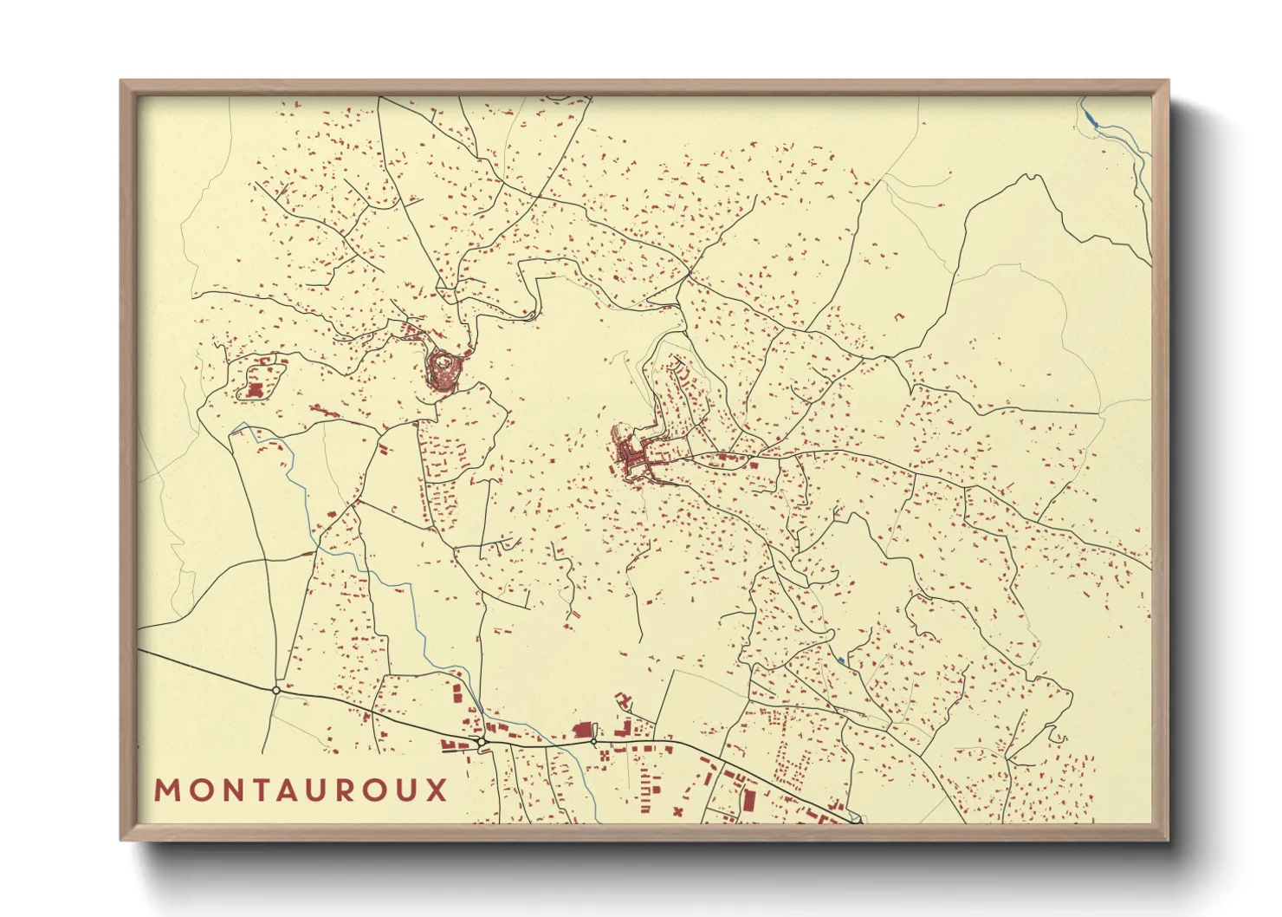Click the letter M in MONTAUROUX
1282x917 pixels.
coord(167,790)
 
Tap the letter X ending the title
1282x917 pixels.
coord(437,790)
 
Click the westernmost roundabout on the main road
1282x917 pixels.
coord(275,690)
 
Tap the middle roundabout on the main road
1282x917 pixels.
coord(481,742)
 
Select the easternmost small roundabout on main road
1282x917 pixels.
coord(593,741)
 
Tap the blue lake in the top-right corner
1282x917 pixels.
coord(1091,117)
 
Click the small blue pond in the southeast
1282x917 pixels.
coord(841,661)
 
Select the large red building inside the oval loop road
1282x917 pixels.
coord(255,391)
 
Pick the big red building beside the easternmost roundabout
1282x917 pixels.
coord(582,730)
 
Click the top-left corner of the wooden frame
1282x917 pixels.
coord(121,81)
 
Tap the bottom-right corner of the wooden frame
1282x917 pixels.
coord(1169,840)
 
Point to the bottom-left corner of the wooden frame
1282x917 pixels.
coord(121,840)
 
